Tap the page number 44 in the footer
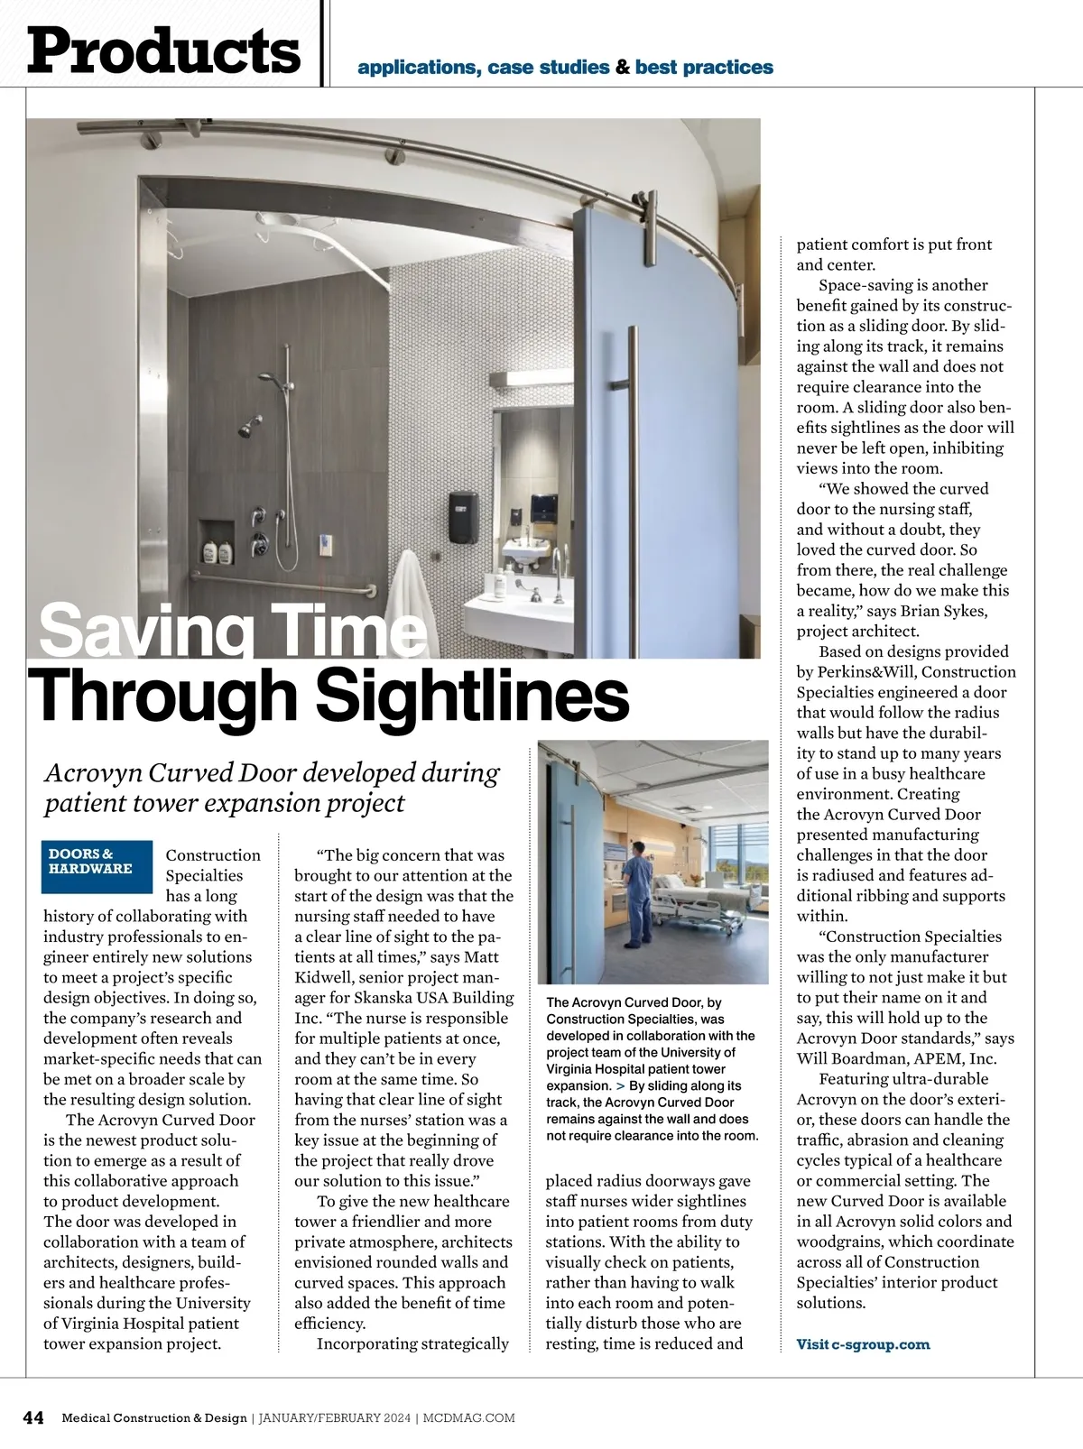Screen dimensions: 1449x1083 pos(33,1417)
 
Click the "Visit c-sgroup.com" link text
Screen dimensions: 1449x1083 pos(863,1344)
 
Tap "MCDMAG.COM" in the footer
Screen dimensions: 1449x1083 pos(470,1417)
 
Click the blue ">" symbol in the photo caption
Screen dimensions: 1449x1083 pos(620,1085)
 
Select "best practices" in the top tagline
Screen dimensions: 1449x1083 pos(704,68)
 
